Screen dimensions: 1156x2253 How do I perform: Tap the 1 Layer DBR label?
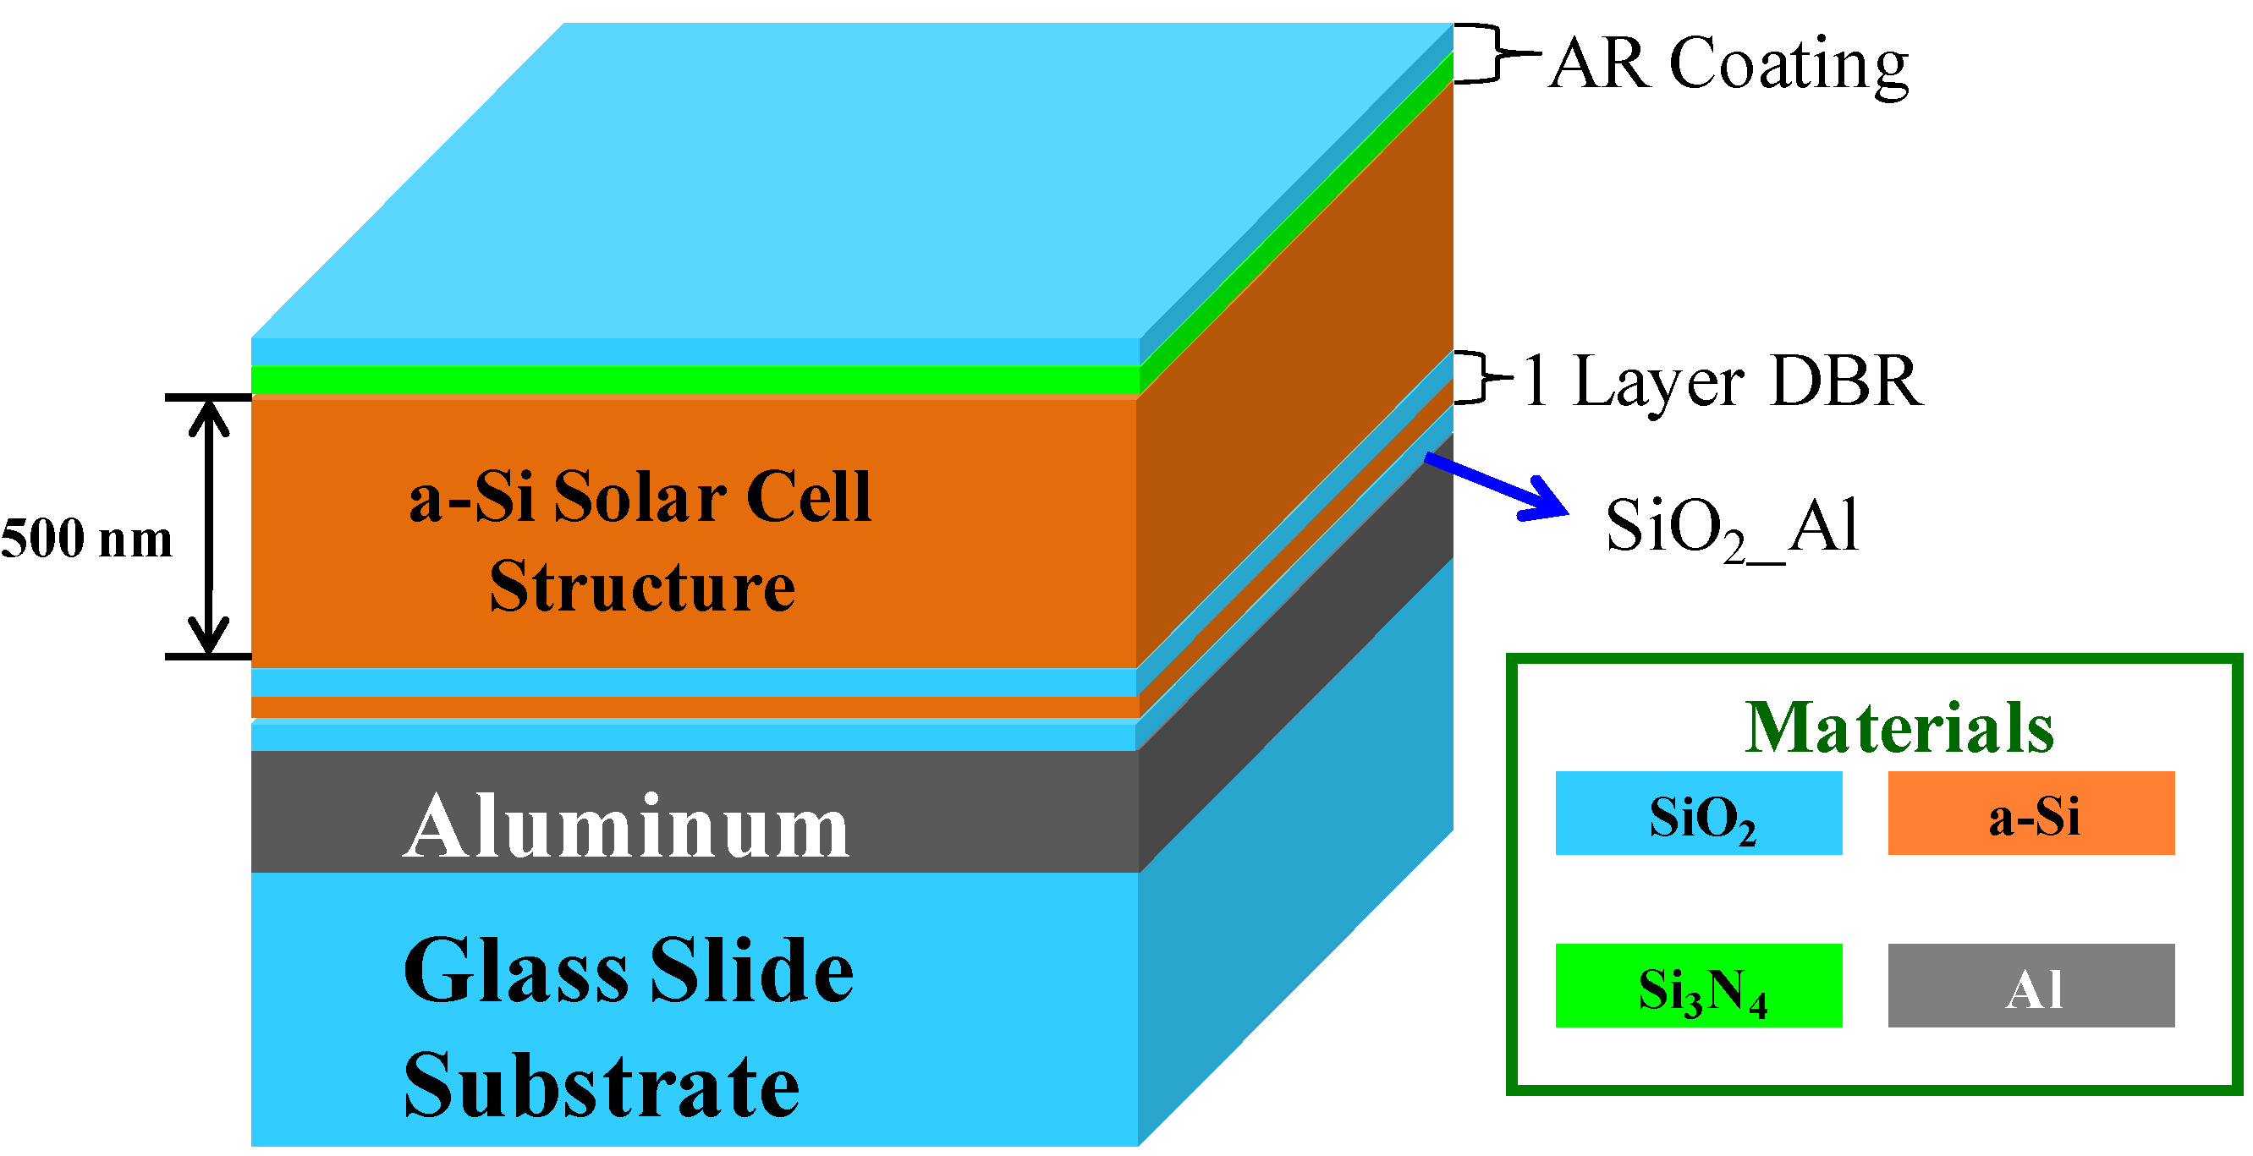point(1721,381)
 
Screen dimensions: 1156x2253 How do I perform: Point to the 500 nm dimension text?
point(86,538)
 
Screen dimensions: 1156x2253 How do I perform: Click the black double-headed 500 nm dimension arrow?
point(209,528)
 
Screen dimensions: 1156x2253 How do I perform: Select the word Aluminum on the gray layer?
point(625,825)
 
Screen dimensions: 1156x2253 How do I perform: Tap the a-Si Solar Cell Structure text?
point(640,540)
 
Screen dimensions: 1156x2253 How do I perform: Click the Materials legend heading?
point(1898,727)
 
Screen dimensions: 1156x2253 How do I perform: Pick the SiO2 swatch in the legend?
point(1699,814)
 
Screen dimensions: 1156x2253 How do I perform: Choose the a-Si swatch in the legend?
point(2030,814)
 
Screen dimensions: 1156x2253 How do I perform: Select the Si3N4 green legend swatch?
point(1699,985)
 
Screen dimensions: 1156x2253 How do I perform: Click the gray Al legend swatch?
point(2030,985)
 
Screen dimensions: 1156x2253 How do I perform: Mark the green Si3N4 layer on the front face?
point(695,380)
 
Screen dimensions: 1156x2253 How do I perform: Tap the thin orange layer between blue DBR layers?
point(695,708)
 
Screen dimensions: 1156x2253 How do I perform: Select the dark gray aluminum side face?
point(1294,656)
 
